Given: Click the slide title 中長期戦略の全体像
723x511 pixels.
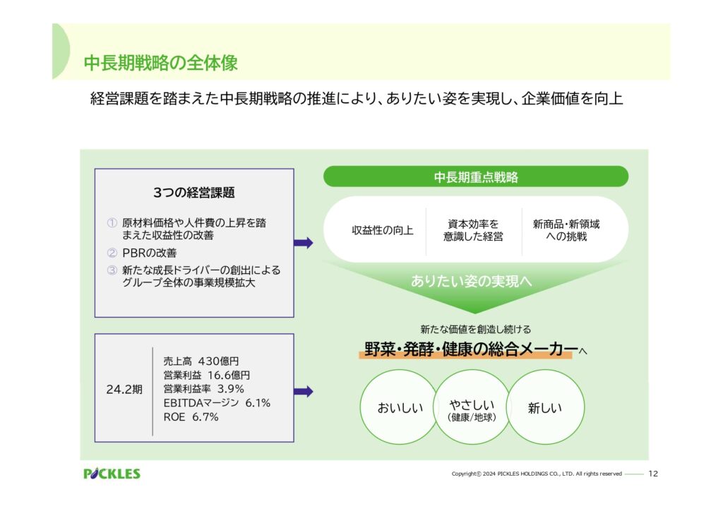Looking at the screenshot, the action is point(160,63).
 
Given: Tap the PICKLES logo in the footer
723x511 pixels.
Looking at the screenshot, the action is point(112,474).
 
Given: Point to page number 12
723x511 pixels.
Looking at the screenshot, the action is point(653,474).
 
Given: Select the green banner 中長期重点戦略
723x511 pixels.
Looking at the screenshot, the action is point(476,177).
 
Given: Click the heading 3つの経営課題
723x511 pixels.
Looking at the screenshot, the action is point(194,193).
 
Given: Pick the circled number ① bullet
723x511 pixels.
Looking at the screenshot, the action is point(112,223).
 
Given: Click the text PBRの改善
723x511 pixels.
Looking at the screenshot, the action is point(150,253).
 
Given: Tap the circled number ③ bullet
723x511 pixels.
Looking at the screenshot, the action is point(112,270).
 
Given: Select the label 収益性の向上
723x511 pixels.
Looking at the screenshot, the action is point(382,230).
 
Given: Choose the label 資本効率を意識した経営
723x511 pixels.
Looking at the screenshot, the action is point(473,230).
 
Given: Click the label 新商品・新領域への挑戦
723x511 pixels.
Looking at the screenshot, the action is point(566,230).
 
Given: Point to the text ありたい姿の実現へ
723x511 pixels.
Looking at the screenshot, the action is point(471,281).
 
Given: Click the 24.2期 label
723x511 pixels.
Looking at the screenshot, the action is point(124,390).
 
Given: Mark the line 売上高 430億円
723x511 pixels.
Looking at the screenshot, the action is point(201,361).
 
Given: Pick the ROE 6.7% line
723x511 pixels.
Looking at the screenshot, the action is point(191,417).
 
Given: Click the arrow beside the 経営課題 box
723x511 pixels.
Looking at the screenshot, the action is point(304,243).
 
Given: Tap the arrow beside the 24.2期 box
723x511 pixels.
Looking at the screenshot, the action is point(304,392).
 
